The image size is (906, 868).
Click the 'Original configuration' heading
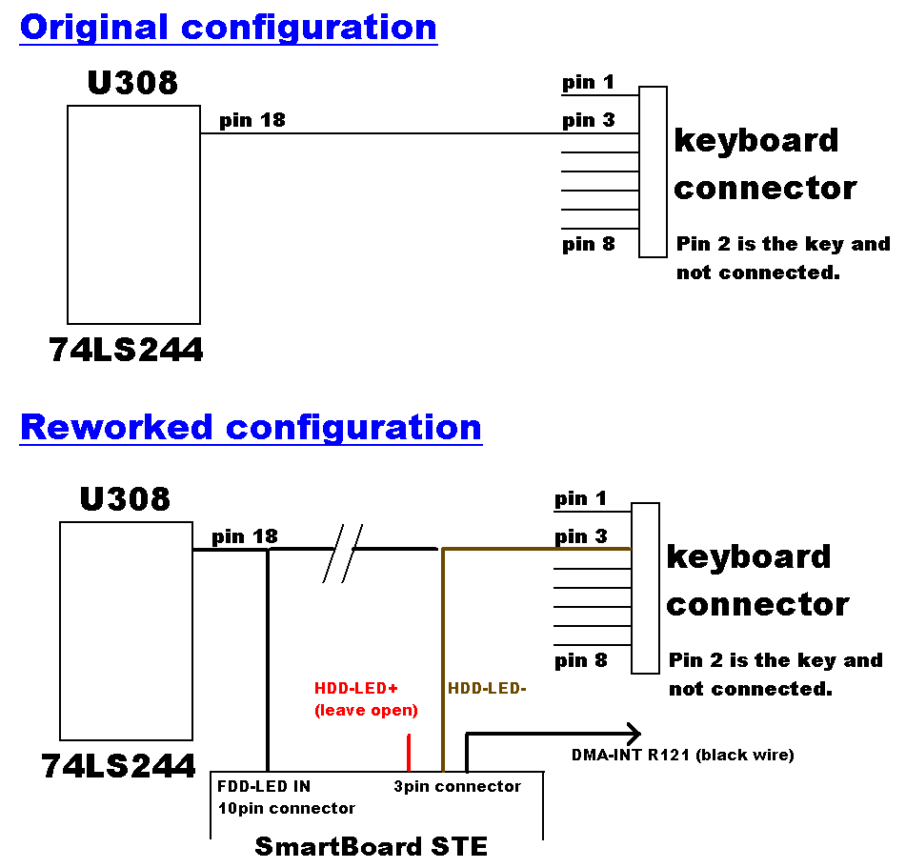[x=228, y=28]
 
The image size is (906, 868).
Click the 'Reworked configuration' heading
[x=251, y=427]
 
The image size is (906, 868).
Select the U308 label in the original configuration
[x=132, y=83]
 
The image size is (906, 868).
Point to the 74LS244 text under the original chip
[x=126, y=351]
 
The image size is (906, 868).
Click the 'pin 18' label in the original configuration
[x=252, y=120]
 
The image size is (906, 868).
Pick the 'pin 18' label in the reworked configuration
[x=245, y=536]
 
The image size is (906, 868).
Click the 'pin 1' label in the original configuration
[x=588, y=82]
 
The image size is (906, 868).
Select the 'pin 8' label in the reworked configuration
[x=580, y=660]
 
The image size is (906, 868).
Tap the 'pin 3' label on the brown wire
[x=580, y=536]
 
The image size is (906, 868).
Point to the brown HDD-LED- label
[x=487, y=688]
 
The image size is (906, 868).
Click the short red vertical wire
[x=409, y=752]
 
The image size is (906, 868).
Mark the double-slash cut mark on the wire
[x=342, y=554]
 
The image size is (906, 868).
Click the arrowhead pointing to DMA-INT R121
[x=634, y=734]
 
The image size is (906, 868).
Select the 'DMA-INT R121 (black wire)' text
[x=682, y=756]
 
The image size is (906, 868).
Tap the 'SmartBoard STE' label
[x=371, y=846]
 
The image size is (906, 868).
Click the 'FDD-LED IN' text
[x=264, y=787]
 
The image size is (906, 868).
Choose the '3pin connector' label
[x=457, y=787]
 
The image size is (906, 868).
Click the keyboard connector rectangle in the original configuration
[x=653, y=172]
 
